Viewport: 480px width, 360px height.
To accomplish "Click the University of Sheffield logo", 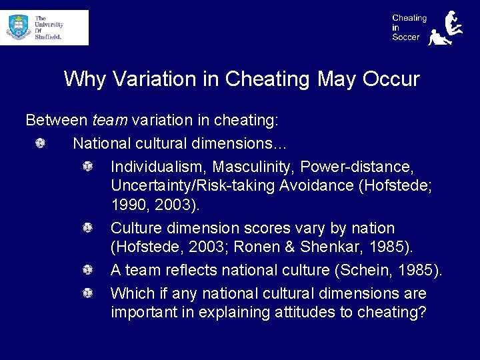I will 44,27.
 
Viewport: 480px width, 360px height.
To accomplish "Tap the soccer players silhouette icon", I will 444,28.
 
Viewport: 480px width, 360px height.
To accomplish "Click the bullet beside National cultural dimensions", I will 41,143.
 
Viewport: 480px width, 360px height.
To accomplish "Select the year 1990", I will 127,203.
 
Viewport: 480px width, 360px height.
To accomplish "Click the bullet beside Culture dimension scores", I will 87,228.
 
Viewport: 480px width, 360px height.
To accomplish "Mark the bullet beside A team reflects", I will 87,270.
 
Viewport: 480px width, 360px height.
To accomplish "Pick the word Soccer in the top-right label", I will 406,37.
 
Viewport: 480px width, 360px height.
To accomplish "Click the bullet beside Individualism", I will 87,165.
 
